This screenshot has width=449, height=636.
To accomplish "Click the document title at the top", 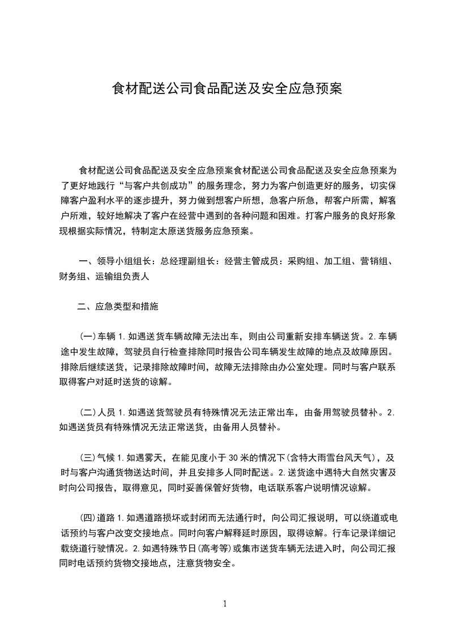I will coord(226,90).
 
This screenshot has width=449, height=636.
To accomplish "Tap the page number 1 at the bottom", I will coord(225,603).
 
